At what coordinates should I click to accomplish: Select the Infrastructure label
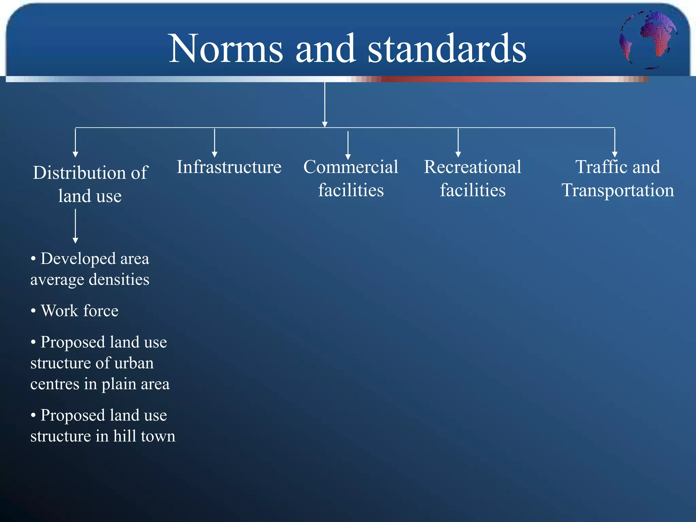(x=229, y=167)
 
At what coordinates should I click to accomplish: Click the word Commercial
(x=350, y=167)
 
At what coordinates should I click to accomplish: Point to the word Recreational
(x=472, y=167)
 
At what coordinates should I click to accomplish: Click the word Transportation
(x=617, y=190)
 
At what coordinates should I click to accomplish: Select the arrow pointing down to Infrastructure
(x=214, y=143)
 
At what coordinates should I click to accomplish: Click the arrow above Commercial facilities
(x=348, y=145)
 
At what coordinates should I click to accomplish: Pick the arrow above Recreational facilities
(x=458, y=143)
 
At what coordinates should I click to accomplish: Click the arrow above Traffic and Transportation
(x=614, y=143)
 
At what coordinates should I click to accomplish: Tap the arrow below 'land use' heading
(x=75, y=226)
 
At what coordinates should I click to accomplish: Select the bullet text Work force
(x=79, y=311)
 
